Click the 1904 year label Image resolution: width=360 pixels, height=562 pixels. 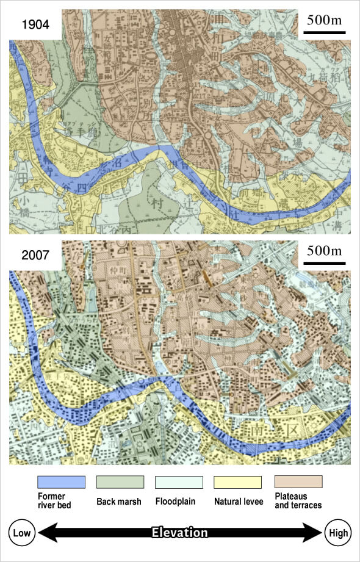click(35, 25)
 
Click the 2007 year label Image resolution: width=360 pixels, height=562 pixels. click(35, 255)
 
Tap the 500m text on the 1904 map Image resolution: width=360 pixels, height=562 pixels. click(324, 20)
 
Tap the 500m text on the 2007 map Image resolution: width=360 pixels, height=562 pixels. click(324, 251)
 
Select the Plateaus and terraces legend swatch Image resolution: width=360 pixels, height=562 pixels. click(298, 481)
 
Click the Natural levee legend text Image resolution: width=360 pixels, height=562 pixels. click(238, 502)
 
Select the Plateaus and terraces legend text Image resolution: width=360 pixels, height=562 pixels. click(298, 500)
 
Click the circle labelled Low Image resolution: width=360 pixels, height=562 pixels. click(22, 533)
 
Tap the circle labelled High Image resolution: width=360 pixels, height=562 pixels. click(338, 533)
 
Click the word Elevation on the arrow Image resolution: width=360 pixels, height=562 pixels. click(179, 533)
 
